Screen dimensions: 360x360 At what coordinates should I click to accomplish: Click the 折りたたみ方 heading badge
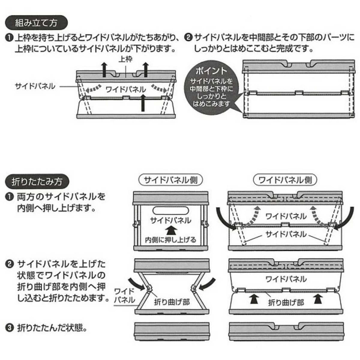(x=37, y=182)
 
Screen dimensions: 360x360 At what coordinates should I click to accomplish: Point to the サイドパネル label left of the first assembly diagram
(x=35, y=86)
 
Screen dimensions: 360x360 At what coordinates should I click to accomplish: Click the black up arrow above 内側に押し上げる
(x=169, y=229)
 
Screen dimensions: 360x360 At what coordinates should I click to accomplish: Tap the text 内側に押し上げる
(x=170, y=239)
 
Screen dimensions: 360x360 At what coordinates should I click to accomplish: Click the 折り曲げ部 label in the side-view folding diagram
(x=169, y=303)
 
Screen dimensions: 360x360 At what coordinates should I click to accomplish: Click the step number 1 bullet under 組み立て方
(x=9, y=37)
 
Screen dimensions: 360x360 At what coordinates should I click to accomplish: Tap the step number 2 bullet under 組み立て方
(x=188, y=37)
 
